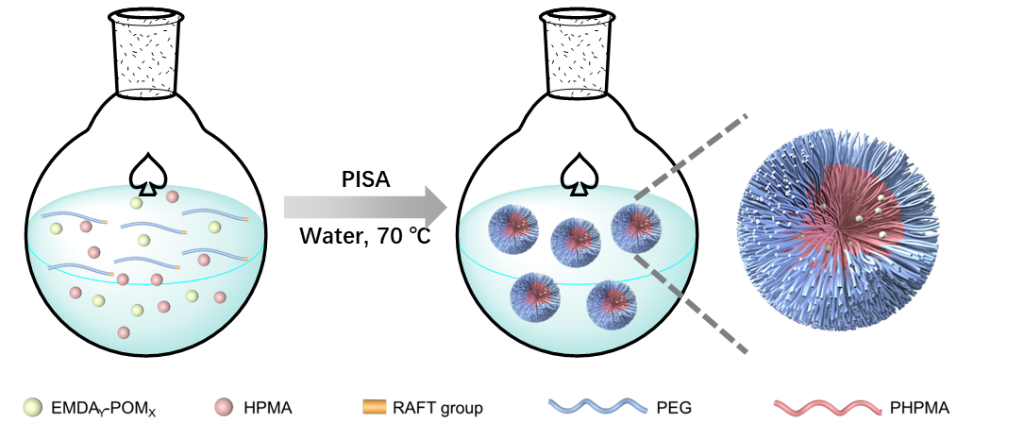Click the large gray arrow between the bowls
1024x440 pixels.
[x=363, y=207]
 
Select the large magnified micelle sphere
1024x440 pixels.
[x=838, y=229]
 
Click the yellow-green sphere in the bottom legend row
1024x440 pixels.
[x=32, y=407]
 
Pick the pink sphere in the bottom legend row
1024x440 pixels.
[x=223, y=407]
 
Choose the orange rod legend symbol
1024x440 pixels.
[x=375, y=407]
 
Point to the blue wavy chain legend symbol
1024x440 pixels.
[x=597, y=406]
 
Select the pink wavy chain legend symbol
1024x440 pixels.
[x=827, y=408]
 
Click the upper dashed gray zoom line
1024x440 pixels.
[x=692, y=156]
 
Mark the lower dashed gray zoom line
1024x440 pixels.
[x=692, y=304]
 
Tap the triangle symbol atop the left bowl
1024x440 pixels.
[x=147, y=187]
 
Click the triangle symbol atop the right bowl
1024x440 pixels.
[x=579, y=187]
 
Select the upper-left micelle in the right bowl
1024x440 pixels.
[x=513, y=228]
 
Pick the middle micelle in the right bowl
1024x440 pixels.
[x=576, y=243]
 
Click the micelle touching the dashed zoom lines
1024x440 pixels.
[x=636, y=228]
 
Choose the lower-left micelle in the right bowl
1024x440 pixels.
[x=535, y=296]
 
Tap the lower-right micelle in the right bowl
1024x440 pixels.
[x=612, y=304]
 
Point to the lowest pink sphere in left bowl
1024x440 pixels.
[x=124, y=332]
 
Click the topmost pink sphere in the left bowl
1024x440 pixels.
[x=172, y=196]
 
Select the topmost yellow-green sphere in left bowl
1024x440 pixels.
[x=136, y=203]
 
